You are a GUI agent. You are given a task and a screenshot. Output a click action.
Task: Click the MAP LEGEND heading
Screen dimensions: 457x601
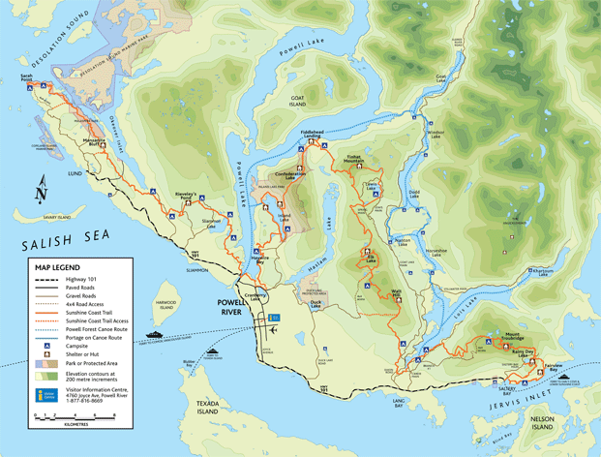click(x=58, y=267)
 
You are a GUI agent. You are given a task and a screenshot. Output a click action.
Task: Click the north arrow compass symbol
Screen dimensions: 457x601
click(x=40, y=192)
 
